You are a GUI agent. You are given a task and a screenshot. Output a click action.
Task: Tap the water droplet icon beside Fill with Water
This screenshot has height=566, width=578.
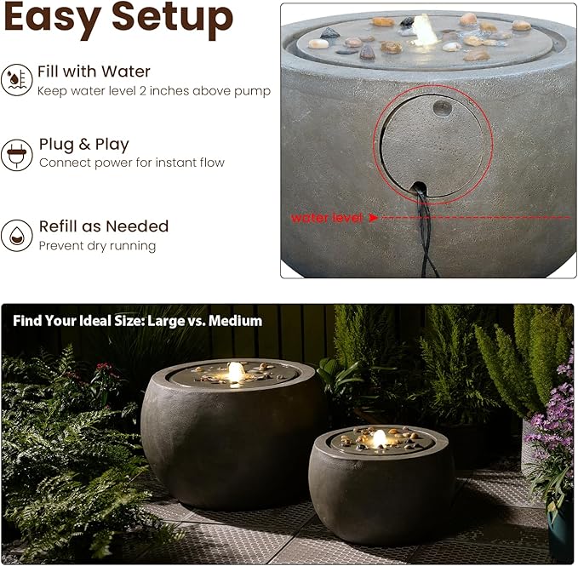16,80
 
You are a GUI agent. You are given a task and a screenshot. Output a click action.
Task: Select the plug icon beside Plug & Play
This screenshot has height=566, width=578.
16,153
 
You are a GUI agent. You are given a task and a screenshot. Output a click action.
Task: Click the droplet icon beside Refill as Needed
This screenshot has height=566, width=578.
16,235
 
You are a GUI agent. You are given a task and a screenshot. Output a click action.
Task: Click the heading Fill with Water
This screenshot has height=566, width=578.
94,71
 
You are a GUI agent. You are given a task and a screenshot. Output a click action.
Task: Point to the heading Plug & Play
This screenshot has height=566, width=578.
83,144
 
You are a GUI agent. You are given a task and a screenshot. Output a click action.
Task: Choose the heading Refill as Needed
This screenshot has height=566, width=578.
104,226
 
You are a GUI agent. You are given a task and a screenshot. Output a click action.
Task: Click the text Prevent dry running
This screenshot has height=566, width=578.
97,246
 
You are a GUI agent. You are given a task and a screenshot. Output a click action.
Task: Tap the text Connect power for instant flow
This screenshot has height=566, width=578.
132,163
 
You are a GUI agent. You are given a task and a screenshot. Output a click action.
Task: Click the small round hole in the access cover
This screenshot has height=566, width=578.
440,107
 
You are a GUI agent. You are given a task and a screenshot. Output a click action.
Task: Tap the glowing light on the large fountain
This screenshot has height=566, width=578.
235,371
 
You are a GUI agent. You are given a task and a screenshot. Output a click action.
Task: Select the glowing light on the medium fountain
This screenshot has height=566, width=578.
379,437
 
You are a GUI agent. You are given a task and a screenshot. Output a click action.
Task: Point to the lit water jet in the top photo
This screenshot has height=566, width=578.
423,28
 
